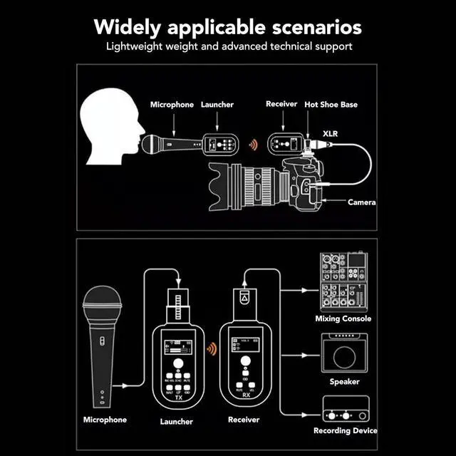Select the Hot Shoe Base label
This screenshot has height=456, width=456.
click(331, 105)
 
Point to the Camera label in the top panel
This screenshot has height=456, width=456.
click(361, 202)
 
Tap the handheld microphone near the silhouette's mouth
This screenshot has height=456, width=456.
click(171, 144)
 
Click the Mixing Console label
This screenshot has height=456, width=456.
click(343, 318)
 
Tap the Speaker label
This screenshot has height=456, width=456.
click(344, 382)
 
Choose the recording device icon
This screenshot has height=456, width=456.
click(345, 415)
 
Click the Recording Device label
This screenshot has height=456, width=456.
click(346, 431)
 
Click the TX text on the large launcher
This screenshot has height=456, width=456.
click(179, 398)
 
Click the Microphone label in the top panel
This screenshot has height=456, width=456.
click(172, 105)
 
